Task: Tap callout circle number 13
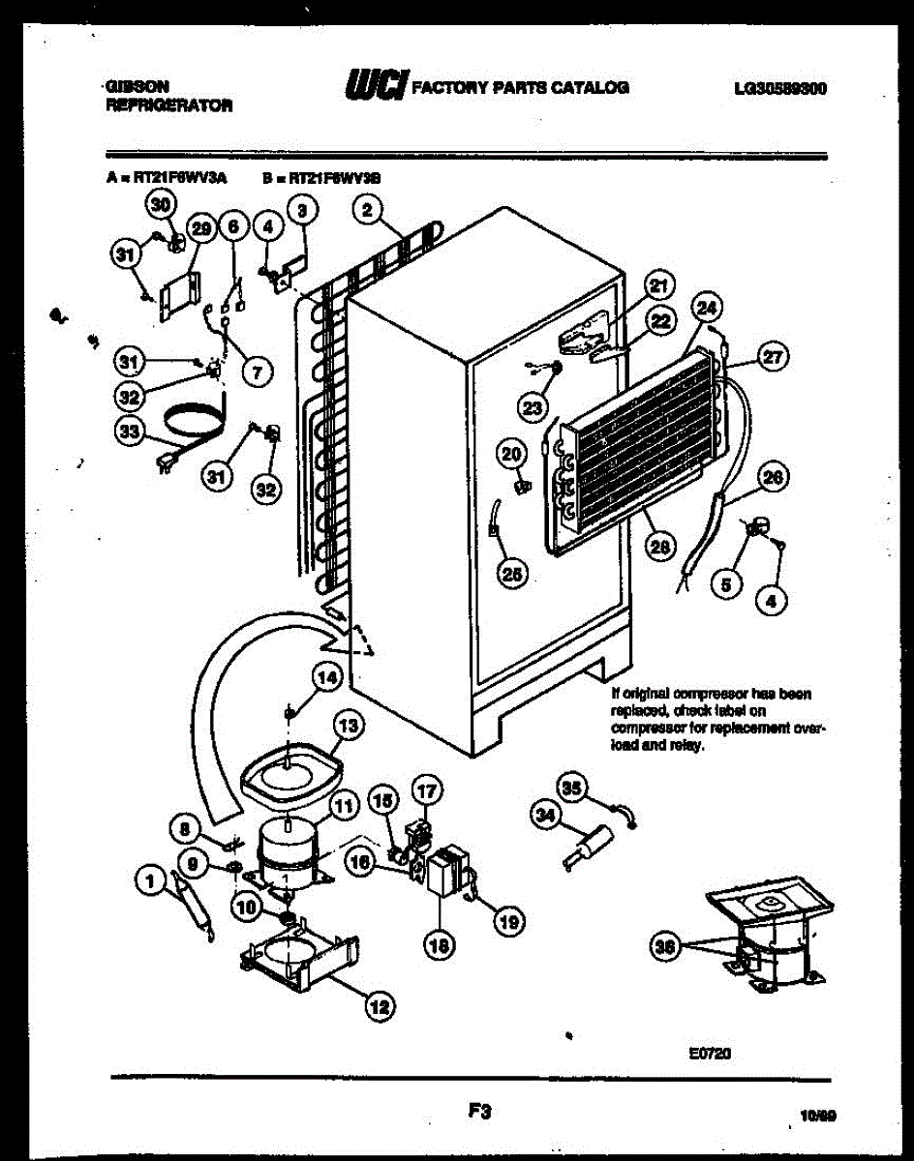[349, 725]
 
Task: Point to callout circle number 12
[380, 1006]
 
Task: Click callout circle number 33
[129, 433]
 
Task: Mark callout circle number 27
[773, 357]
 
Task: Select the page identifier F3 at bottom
[476, 1114]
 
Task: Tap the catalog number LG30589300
[779, 88]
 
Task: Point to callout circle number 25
[512, 574]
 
